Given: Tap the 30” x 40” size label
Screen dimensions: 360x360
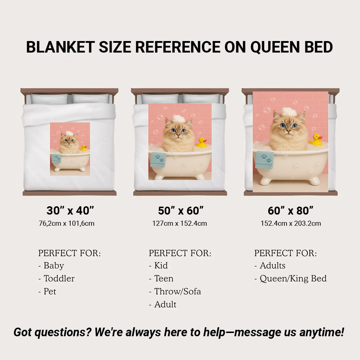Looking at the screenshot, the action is (70, 211).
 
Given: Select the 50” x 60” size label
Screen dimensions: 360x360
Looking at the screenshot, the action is (181, 211).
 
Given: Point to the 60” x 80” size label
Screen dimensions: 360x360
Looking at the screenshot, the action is (291, 211).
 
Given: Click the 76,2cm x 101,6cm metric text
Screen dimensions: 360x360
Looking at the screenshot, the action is (67, 224).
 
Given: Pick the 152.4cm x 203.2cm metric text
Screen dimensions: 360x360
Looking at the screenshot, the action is (291, 224).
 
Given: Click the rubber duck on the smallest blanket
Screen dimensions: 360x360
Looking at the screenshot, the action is (83, 148).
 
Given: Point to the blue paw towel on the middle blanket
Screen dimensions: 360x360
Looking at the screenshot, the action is (158, 159).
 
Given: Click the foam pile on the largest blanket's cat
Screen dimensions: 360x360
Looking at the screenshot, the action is (289, 112).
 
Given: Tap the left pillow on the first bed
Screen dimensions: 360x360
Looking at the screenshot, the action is (49, 99).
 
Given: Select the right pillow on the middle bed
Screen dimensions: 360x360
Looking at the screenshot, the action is (201, 99).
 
